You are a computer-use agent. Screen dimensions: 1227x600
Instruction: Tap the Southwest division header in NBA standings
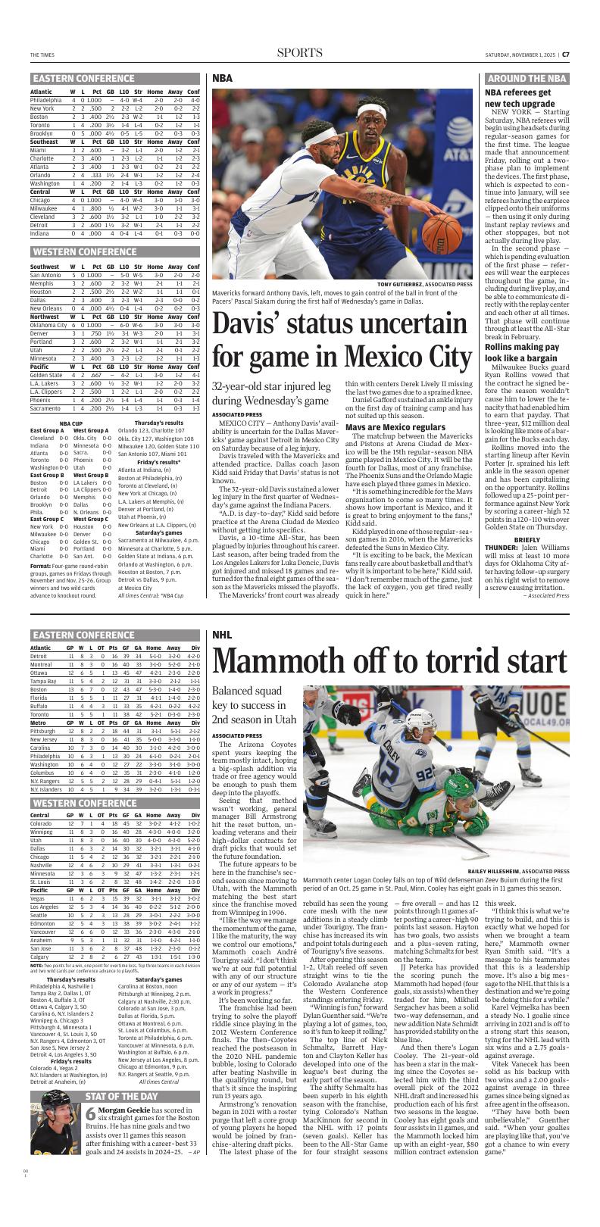(45, 267)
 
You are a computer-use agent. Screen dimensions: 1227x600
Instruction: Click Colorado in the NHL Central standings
(42, 823)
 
